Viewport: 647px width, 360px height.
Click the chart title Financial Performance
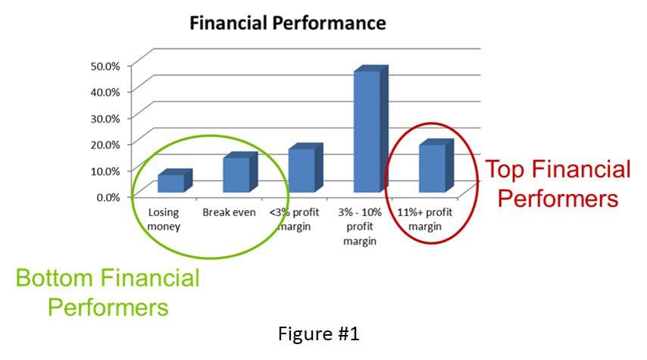pyautogui.click(x=288, y=23)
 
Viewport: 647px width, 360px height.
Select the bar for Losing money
pyautogui.click(x=175, y=181)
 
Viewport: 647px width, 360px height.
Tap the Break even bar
pyautogui.click(x=240, y=172)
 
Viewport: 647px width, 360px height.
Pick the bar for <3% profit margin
pyautogui.click(x=305, y=167)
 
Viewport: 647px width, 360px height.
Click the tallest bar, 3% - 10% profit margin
pyautogui.click(x=371, y=129)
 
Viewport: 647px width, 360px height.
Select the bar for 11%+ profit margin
pyautogui.click(x=436, y=165)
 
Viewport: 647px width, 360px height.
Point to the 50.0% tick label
pyautogui.click(x=105, y=66)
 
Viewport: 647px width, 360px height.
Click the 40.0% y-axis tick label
pyautogui.click(x=105, y=92)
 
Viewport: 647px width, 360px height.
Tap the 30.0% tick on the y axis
pyautogui.click(x=105, y=118)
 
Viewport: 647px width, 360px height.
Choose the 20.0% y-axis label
pyautogui.click(x=105, y=145)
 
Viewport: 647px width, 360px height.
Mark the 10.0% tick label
pyautogui.click(x=105, y=171)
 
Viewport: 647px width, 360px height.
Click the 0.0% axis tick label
pyautogui.click(x=108, y=197)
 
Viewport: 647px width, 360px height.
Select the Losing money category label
pyautogui.click(x=164, y=219)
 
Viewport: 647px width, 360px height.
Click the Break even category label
pyautogui.click(x=229, y=212)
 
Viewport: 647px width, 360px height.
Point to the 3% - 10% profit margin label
pyautogui.click(x=360, y=227)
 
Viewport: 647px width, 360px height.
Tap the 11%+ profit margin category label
pyautogui.click(x=425, y=219)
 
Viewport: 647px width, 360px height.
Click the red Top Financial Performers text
pyautogui.click(x=558, y=183)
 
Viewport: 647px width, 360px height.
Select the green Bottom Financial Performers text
pyautogui.click(x=108, y=293)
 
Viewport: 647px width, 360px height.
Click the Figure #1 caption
pyautogui.click(x=318, y=333)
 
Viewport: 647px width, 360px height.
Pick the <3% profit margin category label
pyautogui.click(x=294, y=219)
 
